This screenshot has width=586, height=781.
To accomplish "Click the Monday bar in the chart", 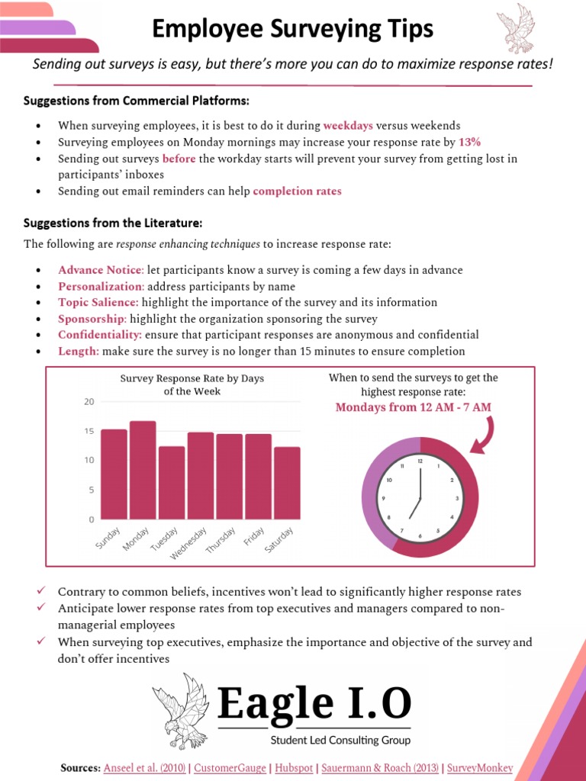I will point(143,470).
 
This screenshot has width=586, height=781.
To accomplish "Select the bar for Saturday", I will point(287,483).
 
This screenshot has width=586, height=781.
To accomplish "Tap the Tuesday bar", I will point(172,483).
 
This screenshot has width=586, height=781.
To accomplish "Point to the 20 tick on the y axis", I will point(89,402).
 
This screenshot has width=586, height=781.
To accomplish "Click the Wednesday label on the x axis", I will point(188,543).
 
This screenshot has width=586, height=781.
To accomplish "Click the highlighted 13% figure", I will point(469,142).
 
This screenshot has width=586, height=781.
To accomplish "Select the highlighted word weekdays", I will point(348,125).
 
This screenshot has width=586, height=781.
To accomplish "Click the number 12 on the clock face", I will point(420,461).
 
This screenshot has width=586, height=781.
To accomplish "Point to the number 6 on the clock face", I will point(420,536).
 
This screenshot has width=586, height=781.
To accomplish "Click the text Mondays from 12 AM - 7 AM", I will point(414,407).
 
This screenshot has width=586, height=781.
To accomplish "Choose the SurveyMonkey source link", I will point(480,768).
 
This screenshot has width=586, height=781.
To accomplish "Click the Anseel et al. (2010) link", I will point(144,768).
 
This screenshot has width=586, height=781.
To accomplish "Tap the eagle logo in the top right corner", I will point(516,28).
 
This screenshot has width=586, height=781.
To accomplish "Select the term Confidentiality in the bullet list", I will point(100,335).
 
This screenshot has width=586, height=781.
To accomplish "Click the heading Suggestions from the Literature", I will point(113,223).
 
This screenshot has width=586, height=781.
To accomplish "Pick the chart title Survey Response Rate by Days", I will point(192,378).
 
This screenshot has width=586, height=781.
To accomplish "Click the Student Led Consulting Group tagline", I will point(340,740).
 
